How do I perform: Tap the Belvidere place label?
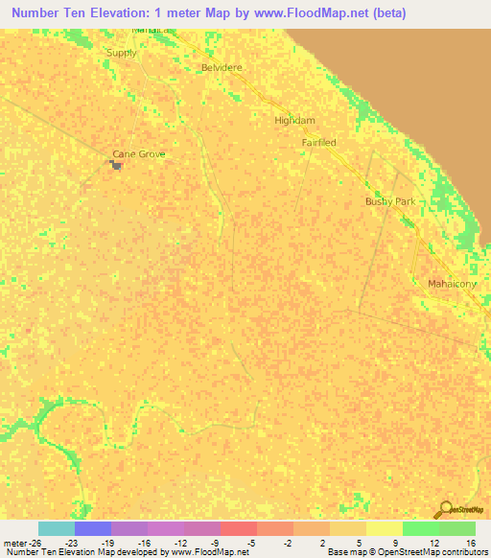tap(222, 68)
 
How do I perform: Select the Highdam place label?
tap(294, 121)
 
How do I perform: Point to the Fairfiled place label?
tap(318, 142)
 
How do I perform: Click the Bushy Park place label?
tap(389, 201)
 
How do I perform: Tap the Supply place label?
tap(123, 53)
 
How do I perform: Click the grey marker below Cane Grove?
tap(117, 165)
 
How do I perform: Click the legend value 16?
tap(470, 542)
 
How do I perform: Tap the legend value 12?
tap(434, 542)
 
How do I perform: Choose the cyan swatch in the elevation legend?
tap(57, 528)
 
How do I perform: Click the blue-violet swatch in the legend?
tap(93, 528)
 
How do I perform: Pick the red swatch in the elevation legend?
tap(239, 528)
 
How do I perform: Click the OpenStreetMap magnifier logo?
tap(445, 509)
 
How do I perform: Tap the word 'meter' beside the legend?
tap(15, 542)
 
